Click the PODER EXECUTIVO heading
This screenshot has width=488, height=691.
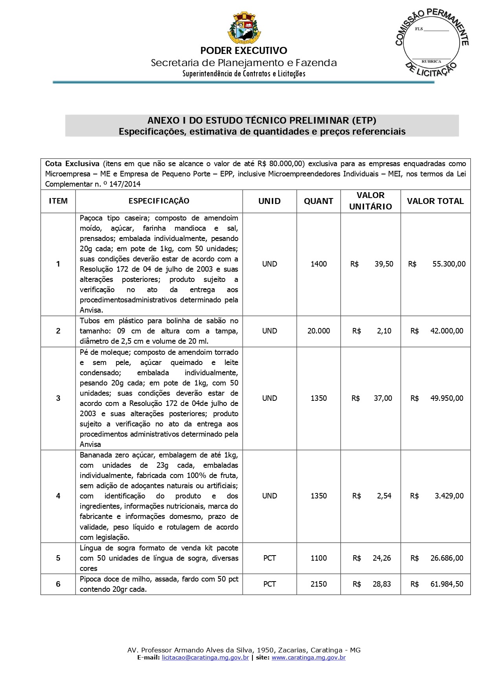243,50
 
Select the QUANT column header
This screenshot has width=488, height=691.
319,201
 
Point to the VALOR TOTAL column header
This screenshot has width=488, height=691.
435,201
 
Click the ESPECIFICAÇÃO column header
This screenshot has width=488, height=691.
159,201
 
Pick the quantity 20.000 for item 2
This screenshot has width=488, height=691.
319,331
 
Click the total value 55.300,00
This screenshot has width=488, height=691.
449,264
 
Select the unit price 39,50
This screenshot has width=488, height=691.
384,264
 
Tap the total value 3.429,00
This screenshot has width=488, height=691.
449,496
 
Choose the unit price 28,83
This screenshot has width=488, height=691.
382,584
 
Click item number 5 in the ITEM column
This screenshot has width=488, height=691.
58,558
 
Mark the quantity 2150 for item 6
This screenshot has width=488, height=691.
319,584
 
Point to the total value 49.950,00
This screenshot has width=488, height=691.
447,398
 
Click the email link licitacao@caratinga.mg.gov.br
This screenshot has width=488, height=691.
205,658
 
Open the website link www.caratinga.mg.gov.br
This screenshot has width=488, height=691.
309,658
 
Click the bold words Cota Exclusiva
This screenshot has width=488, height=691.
72,164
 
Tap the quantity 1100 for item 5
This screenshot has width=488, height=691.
319,558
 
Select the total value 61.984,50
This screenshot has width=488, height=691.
447,584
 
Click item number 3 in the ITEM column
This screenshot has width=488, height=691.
58,398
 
